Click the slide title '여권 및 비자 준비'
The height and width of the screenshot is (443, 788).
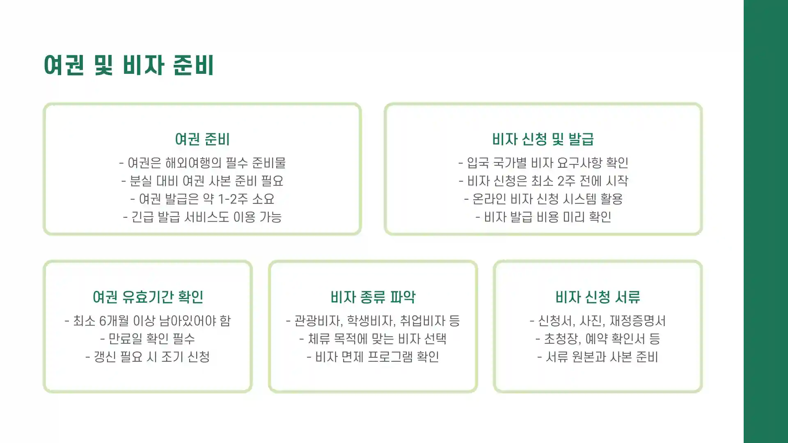point(128,65)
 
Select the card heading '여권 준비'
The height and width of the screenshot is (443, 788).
point(202,139)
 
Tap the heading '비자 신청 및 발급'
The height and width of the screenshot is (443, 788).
point(543,139)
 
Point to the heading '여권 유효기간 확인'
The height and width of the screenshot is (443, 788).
point(148,297)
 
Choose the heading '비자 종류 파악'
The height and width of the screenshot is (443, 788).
point(373,297)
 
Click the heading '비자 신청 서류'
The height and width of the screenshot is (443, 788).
point(598,297)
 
